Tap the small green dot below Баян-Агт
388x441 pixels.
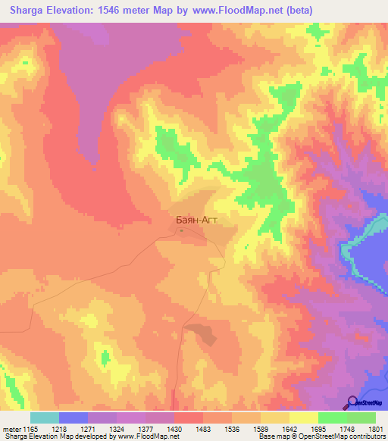point(181,231)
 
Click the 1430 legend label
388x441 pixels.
point(174,429)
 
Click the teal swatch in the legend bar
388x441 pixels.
point(45,418)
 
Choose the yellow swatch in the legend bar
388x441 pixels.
point(304,418)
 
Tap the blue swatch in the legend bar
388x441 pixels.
point(74,418)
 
